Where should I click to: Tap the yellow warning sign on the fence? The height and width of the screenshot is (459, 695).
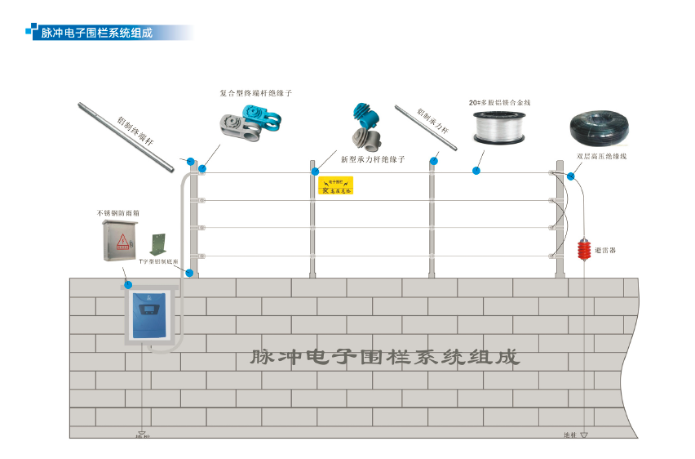334,186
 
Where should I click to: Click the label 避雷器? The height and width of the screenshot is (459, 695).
605,251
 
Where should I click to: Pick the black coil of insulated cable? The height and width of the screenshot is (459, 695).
598,128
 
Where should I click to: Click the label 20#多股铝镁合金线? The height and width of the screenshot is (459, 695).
499,103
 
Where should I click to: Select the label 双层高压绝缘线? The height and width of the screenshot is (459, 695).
601,155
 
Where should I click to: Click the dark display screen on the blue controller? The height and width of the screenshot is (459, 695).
148,310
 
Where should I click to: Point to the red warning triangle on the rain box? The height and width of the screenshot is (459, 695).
122,240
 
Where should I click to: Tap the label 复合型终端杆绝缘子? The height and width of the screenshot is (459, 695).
255,93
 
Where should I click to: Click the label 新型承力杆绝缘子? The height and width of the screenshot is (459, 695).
373,159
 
